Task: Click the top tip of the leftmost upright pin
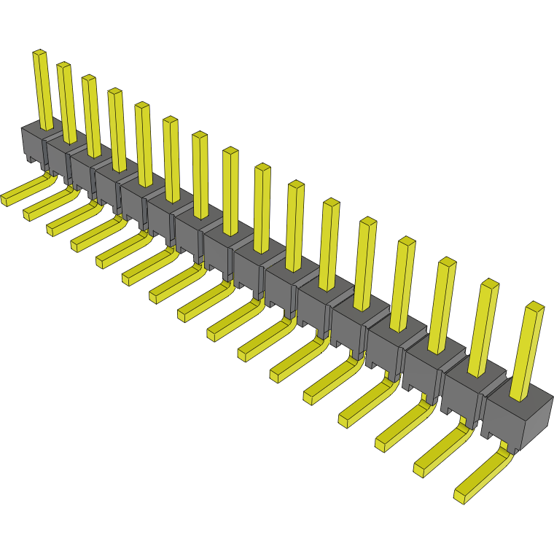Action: [39, 53]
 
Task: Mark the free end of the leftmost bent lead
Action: [6, 198]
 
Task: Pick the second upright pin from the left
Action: [66, 102]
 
